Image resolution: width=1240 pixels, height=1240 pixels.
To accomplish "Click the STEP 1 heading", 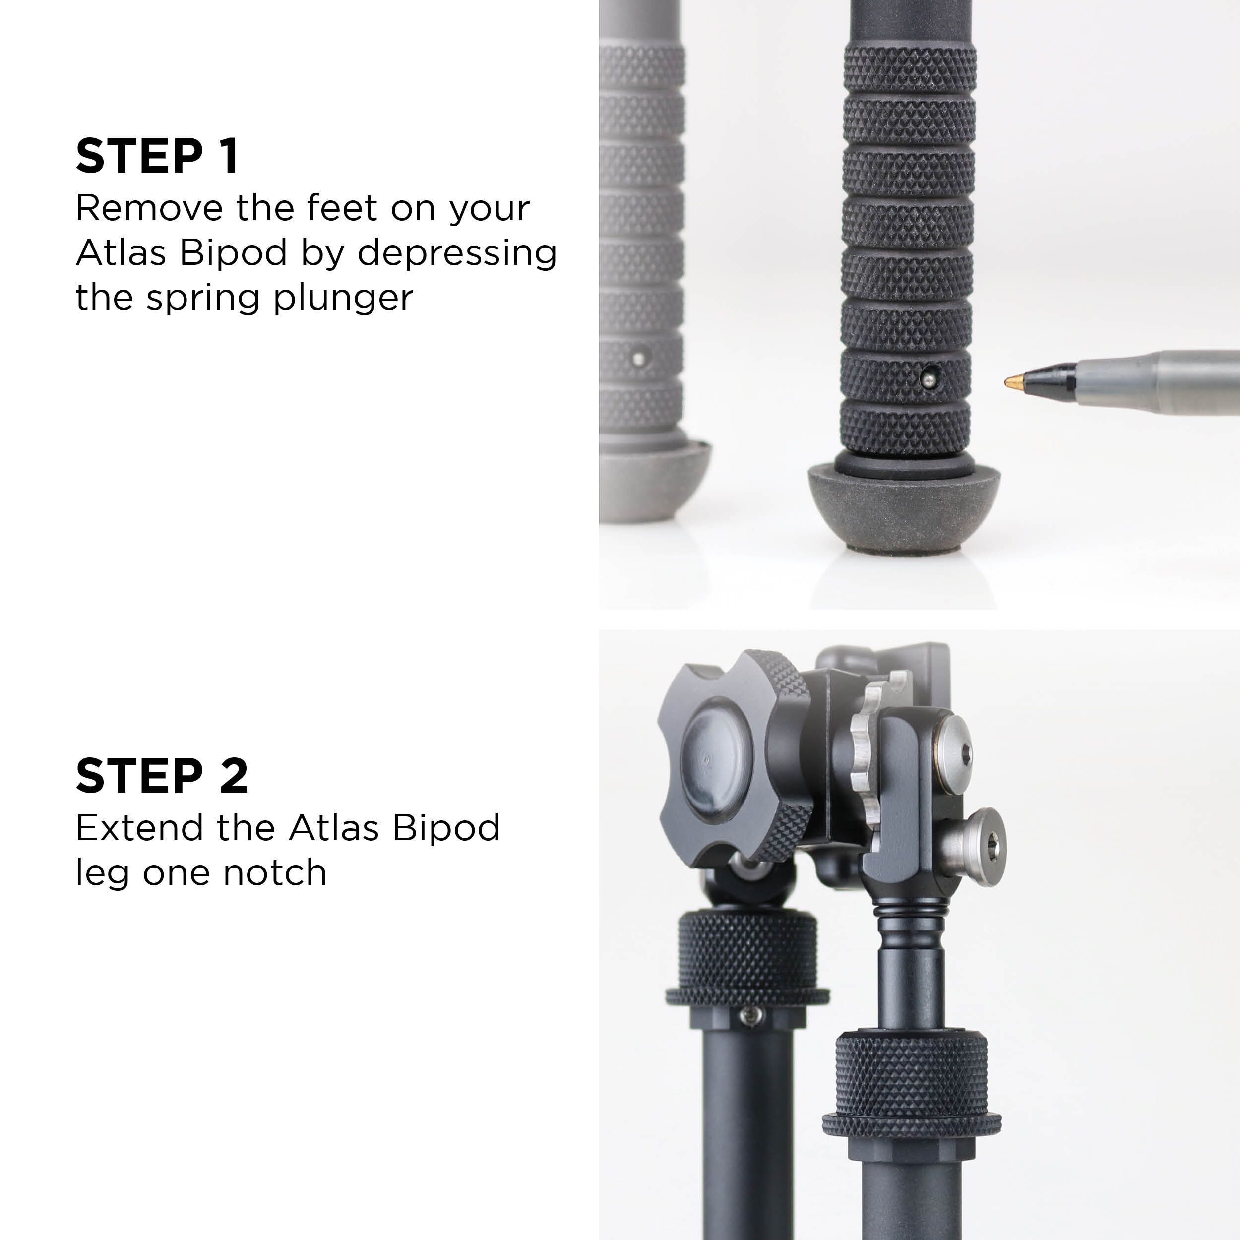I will (157, 156).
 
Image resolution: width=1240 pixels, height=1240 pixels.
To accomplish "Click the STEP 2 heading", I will (162, 775).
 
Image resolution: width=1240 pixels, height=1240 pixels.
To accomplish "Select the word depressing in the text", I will (456, 253).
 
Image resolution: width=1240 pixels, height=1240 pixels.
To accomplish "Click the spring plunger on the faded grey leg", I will (637, 358).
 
